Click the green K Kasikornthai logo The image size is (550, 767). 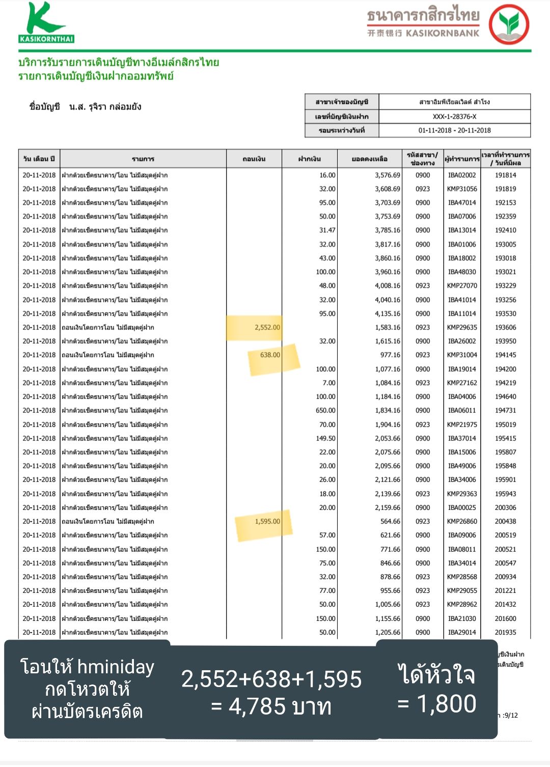[x=46, y=23]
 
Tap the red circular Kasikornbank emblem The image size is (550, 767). [x=509, y=24]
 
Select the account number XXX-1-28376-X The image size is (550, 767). [x=454, y=117]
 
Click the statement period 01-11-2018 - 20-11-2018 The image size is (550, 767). [x=454, y=130]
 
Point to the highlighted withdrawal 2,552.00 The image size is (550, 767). [x=267, y=327]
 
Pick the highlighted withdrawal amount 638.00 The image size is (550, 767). [x=270, y=355]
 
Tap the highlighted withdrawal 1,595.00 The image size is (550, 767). [x=267, y=522]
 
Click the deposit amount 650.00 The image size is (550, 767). [x=325, y=410]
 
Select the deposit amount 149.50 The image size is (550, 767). [x=325, y=439]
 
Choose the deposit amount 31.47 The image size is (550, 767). [x=327, y=230]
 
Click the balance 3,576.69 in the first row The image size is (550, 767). [x=388, y=175]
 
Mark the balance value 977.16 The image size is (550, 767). [x=390, y=355]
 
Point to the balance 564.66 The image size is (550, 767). [x=390, y=522]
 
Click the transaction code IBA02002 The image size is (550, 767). [x=462, y=175]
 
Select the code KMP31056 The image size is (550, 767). [x=462, y=189]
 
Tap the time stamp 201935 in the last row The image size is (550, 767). [x=505, y=633]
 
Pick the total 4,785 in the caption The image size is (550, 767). [x=257, y=706]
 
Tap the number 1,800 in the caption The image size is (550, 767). [x=447, y=704]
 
